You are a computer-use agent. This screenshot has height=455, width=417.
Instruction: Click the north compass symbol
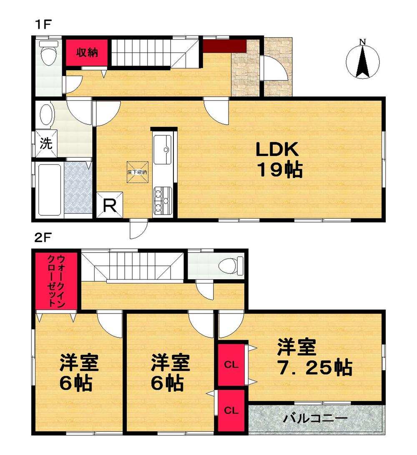click(363, 59)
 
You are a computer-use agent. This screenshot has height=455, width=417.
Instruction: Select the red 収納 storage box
click(87, 53)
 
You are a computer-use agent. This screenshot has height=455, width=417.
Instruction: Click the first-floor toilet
click(49, 53)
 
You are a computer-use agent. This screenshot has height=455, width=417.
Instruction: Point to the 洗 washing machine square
click(46, 144)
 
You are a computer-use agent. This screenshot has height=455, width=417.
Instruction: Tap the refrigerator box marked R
click(110, 205)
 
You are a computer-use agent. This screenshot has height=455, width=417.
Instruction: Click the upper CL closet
click(231, 364)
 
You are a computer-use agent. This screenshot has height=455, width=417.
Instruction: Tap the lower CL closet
click(231, 410)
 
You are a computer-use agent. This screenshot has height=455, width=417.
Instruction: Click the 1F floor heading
click(42, 24)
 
